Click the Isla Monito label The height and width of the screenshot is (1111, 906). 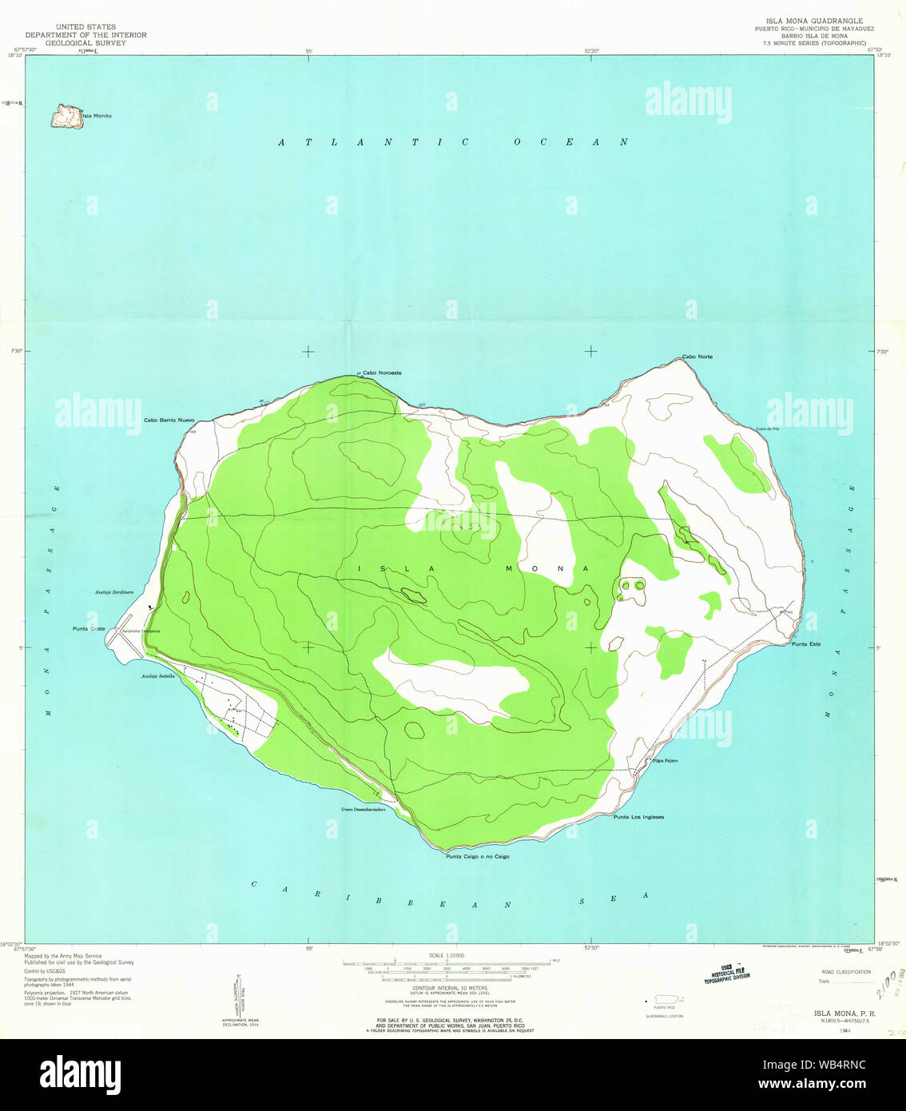[x=97, y=116]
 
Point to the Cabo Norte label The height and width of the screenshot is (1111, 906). [x=697, y=356]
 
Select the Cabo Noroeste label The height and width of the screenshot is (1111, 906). [x=382, y=373]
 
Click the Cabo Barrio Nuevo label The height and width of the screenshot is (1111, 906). [x=169, y=420]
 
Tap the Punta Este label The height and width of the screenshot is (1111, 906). [x=805, y=643]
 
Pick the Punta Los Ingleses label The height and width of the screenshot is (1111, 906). [x=638, y=817]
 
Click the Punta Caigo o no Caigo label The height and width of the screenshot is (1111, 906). [x=477, y=856]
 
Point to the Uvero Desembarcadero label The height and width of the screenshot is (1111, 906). [x=363, y=810]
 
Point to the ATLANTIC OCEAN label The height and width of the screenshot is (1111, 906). [x=453, y=142]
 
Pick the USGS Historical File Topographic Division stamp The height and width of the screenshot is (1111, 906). [x=726, y=973]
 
